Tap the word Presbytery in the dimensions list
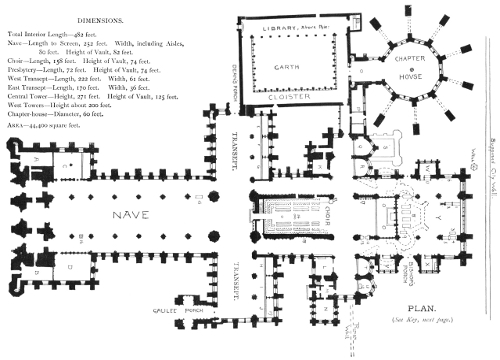(27, 72)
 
